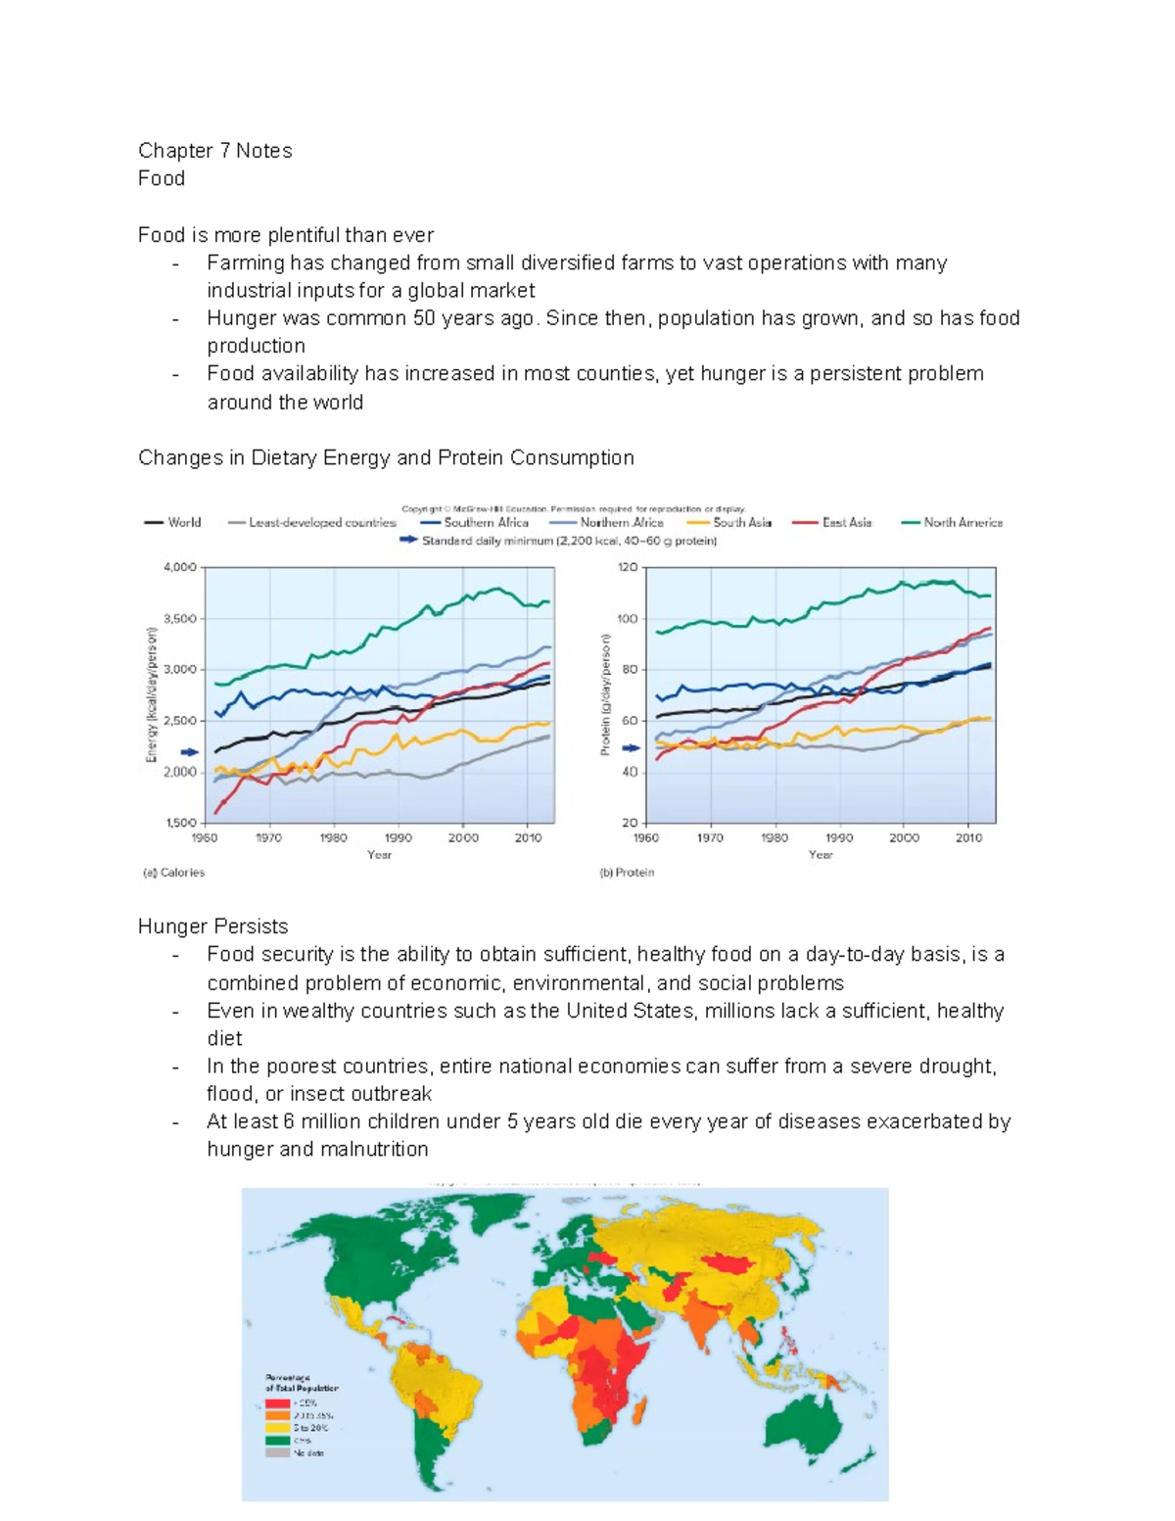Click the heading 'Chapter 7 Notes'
pyautogui.click(x=214, y=151)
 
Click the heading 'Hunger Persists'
pyautogui.click(x=212, y=927)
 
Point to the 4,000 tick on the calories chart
pyautogui.click(x=180, y=567)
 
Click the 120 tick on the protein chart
pyautogui.click(x=628, y=567)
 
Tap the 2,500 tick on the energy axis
pyautogui.click(x=180, y=721)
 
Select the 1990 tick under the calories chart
pyautogui.click(x=399, y=838)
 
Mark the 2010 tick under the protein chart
pyautogui.click(x=968, y=838)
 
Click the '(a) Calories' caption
pyautogui.click(x=174, y=873)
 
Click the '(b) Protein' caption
pyautogui.click(x=627, y=873)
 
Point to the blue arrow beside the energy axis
pyautogui.click(x=189, y=752)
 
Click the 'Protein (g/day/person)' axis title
pyautogui.click(x=605, y=694)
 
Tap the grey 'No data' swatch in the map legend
pyautogui.click(x=278, y=1453)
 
